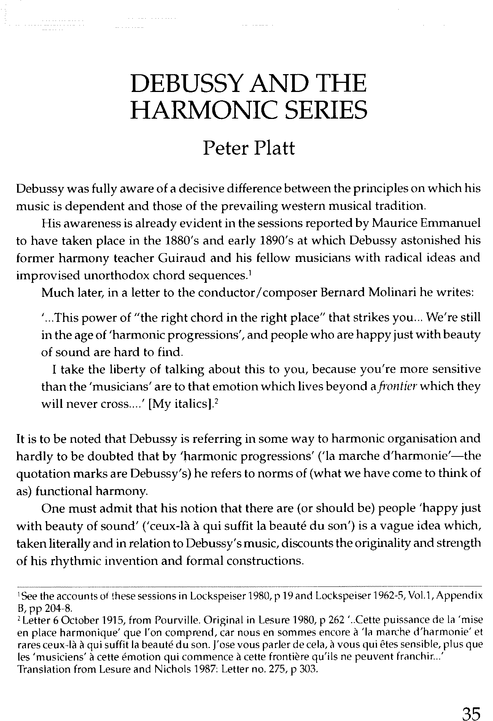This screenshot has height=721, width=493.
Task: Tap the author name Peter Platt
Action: (249, 148)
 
